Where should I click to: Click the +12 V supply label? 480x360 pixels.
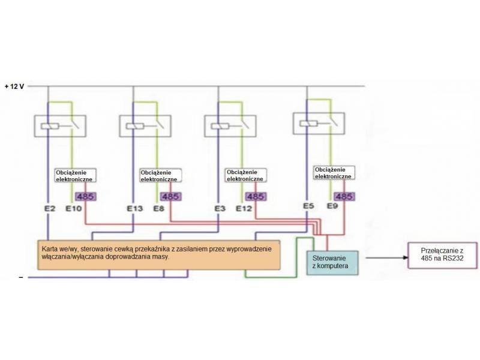[14, 86]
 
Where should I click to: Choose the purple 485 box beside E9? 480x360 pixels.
[344, 196]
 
